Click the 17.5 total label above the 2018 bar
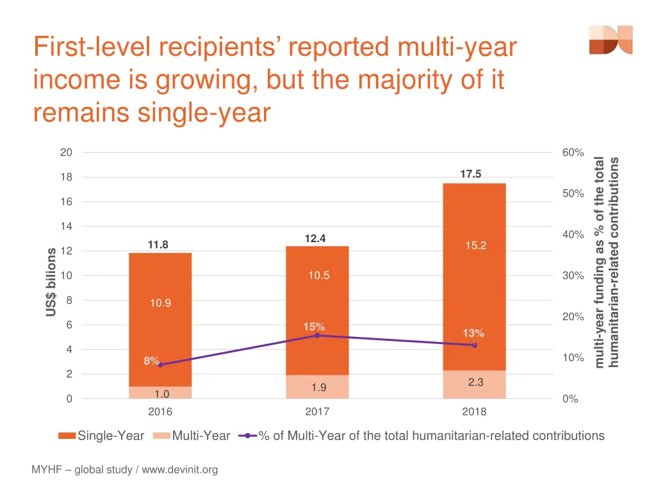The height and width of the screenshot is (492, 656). click(x=470, y=174)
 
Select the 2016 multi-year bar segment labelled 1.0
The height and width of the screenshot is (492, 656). click(x=160, y=393)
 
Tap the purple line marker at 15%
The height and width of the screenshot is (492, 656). click(x=317, y=336)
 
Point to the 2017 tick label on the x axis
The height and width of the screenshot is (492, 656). click(x=317, y=412)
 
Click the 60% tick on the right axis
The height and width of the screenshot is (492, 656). click(x=573, y=152)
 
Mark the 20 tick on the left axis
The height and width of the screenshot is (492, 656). click(x=66, y=152)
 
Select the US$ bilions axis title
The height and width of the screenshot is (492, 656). click(x=51, y=282)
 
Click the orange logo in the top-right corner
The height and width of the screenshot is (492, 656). click(x=611, y=40)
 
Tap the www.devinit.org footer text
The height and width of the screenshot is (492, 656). click(x=179, y=470)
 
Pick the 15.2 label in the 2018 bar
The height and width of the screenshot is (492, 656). click(x=475, y=246)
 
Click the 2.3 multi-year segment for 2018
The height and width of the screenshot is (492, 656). click(x=475, y=382)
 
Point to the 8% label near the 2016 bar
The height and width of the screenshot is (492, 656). click(x=151, y=361)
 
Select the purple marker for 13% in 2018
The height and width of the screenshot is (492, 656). click(x=474, y=345)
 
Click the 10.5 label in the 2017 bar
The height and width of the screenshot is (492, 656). click(x=318, y=275)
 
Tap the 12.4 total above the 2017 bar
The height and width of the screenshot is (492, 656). click(x=315, y=238)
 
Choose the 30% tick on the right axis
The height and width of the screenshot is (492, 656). click(x=573, y=275)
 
